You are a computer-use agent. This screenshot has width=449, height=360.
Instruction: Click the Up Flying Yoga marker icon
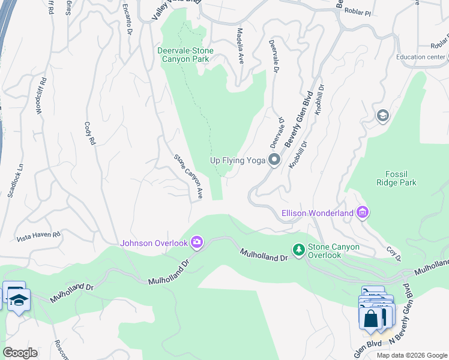274,160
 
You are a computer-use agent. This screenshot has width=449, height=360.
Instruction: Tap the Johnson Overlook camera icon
197,242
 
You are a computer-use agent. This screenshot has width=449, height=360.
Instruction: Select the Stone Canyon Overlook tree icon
298,248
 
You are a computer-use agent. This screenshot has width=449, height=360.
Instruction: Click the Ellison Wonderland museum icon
362,212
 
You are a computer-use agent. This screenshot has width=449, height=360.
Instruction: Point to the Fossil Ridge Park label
396,178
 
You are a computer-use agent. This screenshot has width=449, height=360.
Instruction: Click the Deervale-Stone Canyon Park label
191,55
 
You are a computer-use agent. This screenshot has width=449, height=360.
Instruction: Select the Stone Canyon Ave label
188,176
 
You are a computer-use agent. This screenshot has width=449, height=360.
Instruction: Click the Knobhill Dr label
298,155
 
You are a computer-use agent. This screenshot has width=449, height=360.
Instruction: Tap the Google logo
20,352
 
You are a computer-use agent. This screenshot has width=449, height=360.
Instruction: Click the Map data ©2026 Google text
411,355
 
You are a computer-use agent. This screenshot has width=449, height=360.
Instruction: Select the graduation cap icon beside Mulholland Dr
19,301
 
